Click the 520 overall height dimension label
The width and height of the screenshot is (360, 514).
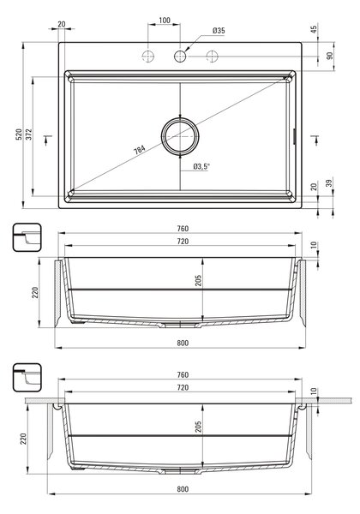point(20,134)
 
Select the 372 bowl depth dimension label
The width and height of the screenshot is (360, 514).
point(29,134)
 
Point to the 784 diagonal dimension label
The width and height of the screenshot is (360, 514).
point(140,150)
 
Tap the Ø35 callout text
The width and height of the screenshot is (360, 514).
point(219,31)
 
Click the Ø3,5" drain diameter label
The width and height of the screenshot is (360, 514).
point(201,166)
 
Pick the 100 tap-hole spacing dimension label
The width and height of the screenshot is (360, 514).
point(165,21)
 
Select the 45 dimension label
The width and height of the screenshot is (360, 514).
point(314,29)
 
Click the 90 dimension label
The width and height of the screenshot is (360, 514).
point(329,56)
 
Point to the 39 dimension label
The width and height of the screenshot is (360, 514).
point(329,182)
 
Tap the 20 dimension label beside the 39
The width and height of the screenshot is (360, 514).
point(314,187)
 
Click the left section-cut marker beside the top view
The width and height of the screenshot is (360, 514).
point(47,139)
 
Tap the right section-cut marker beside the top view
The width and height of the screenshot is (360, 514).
point(315,139)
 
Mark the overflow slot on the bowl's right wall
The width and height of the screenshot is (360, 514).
point(294,136)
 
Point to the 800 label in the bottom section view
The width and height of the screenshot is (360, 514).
point(183,489)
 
